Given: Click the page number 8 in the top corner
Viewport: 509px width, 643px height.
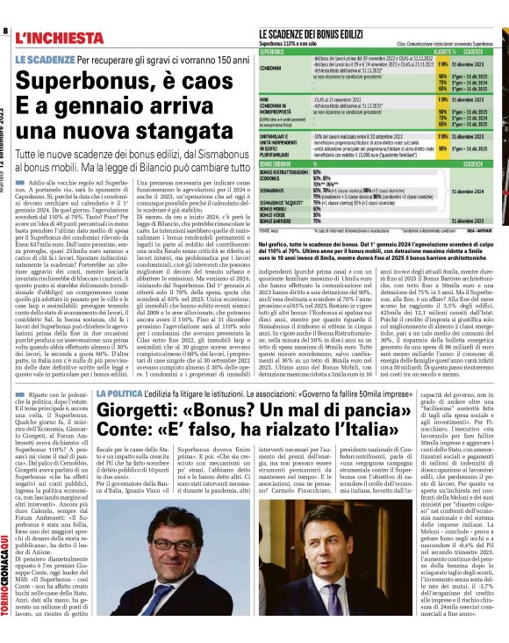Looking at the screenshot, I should pos(5,31).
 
